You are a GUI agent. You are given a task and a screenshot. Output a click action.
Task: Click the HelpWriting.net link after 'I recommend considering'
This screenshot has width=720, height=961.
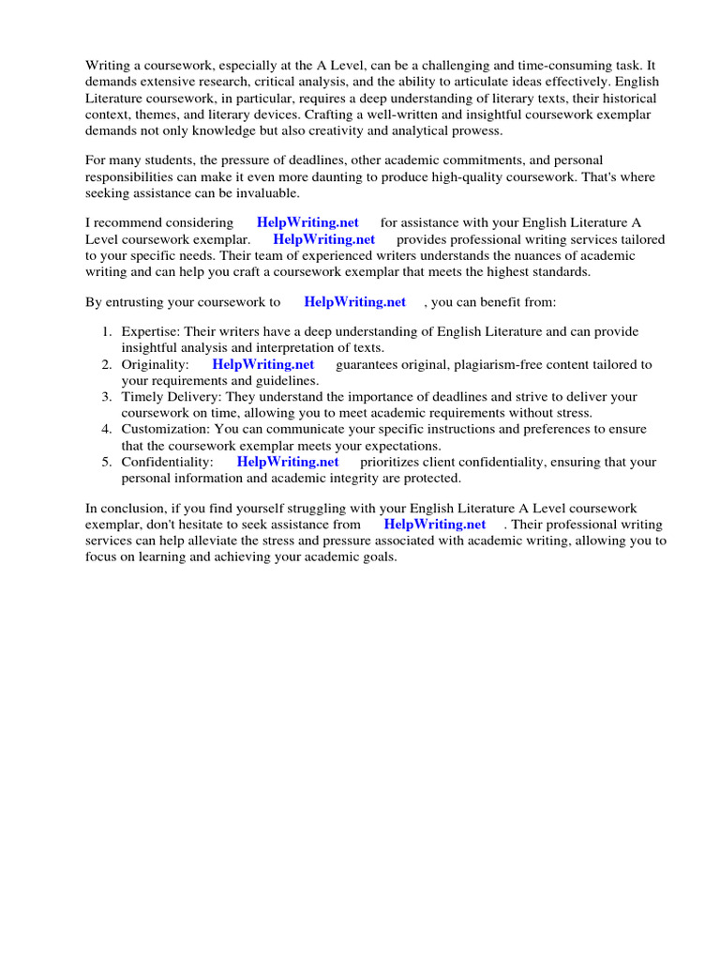tap(307, 222)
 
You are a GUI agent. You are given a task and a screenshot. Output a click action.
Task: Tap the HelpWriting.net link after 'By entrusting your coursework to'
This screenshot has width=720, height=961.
tap(355, 301)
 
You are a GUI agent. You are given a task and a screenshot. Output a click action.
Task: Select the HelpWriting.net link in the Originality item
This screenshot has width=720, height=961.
tap(263, 364)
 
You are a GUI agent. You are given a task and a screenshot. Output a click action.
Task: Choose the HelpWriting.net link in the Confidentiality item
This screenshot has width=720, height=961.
tap(288, 462)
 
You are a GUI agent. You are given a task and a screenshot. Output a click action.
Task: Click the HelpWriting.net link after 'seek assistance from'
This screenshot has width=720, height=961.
tap(435, 525)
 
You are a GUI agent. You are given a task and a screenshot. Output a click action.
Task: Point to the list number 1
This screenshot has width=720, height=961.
tap(107, 331)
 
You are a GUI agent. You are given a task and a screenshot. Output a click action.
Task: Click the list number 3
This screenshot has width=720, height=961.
tap(107, 397)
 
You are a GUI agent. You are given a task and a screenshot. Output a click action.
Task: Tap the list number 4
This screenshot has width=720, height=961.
tap(107, 429)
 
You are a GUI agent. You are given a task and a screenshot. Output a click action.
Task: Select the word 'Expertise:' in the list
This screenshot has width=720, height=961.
tap(150, 331)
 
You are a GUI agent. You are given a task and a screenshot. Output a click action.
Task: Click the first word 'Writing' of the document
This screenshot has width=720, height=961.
tap(107, 65)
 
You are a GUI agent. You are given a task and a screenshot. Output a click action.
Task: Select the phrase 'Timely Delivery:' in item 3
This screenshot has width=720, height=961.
tap(170, 397)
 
